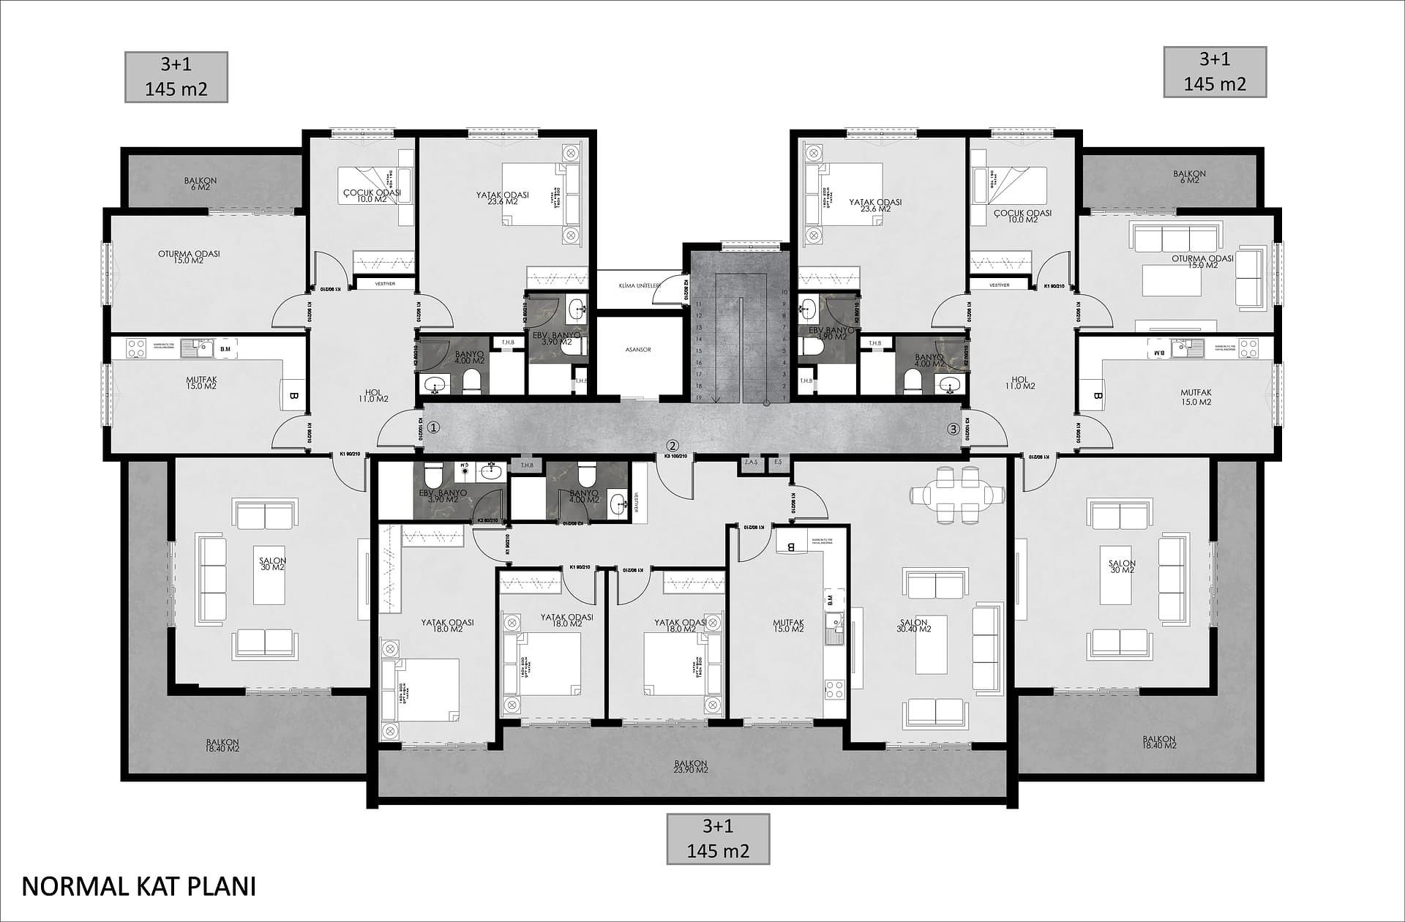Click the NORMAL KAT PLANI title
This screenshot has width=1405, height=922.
139,886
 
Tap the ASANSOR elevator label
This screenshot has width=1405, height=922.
638,350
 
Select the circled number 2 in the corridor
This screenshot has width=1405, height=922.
672,445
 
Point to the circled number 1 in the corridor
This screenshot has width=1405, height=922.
433,427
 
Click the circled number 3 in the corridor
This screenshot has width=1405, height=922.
953,430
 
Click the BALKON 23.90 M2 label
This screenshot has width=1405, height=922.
691,766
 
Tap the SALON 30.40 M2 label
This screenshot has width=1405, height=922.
914,626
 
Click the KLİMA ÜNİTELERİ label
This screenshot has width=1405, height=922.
639,285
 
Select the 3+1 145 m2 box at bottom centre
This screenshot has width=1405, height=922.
717,839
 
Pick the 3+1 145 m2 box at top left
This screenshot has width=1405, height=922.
176,77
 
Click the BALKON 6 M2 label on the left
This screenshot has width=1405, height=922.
201,184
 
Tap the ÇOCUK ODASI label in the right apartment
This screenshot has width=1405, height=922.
1022,216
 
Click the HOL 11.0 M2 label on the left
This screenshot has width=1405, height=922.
375,395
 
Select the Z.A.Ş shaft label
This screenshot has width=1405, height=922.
750,462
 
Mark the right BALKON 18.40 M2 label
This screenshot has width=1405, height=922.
1159,742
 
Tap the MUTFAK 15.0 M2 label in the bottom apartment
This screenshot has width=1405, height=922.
788,626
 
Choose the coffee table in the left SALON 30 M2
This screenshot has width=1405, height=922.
269,574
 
